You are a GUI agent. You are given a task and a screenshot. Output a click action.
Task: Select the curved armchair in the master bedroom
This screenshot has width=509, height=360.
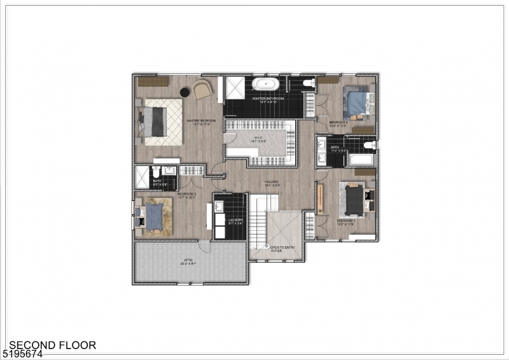(x=202, y=89)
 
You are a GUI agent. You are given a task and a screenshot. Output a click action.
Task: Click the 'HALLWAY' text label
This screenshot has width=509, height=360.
(x=272, y=183)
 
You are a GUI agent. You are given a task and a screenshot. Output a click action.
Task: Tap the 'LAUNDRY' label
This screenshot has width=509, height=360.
(x=235, y=221)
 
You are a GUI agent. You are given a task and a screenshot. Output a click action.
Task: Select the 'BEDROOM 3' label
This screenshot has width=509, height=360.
(x=345, y=221)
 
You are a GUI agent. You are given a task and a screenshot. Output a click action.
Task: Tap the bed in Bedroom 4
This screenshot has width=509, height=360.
(x=356, y=101)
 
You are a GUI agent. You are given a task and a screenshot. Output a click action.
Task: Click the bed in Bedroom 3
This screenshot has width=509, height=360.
(x=354, y=198)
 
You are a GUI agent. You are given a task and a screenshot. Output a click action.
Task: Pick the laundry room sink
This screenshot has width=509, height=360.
(x=220, y=207)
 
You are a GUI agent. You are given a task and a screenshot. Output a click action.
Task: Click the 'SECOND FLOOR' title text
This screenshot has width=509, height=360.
(x=52, y=345)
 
